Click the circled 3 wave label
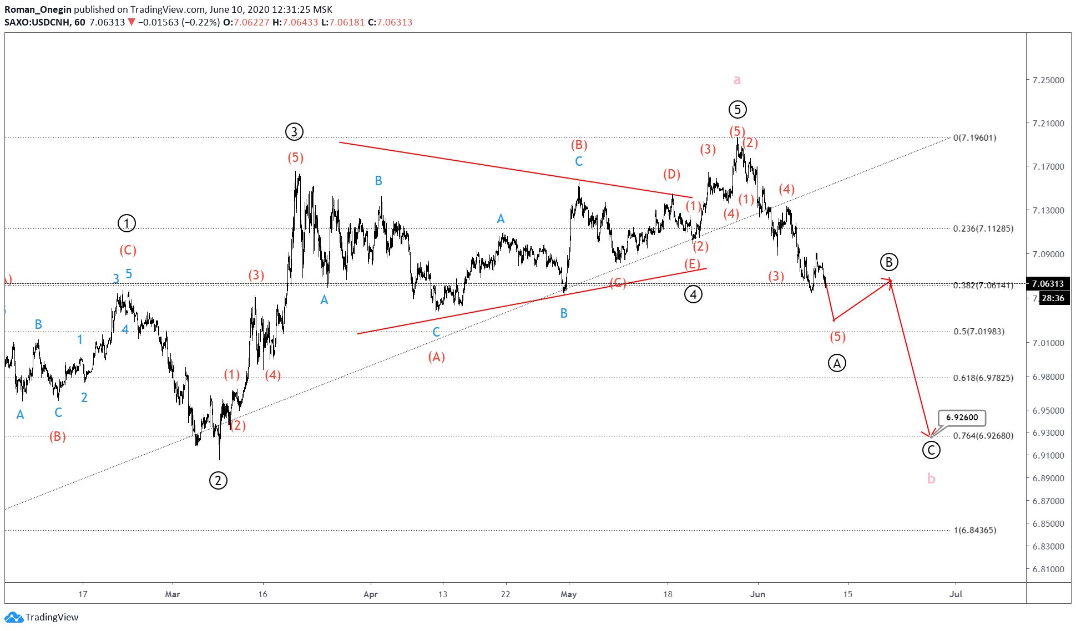point(294,132)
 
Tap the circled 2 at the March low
point(218,480)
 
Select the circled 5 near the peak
point(737,110)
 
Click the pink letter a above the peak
point(737,80)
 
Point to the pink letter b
point(931,479)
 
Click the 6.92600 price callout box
point(962,418)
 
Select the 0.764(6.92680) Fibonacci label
point(983,436)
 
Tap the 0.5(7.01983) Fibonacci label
point(978,332)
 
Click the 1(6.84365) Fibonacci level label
point(974,530)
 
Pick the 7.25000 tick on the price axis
point(1048,80)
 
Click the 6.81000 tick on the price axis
point(1048,569)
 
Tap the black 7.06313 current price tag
point(1048,284)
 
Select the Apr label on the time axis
point(370,594)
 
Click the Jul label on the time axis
point(955,594)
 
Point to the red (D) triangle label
point(671,175)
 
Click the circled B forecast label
point(889,262)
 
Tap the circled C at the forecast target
point(931,450)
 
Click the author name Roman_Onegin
point(38,9)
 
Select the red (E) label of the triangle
point(692,264)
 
